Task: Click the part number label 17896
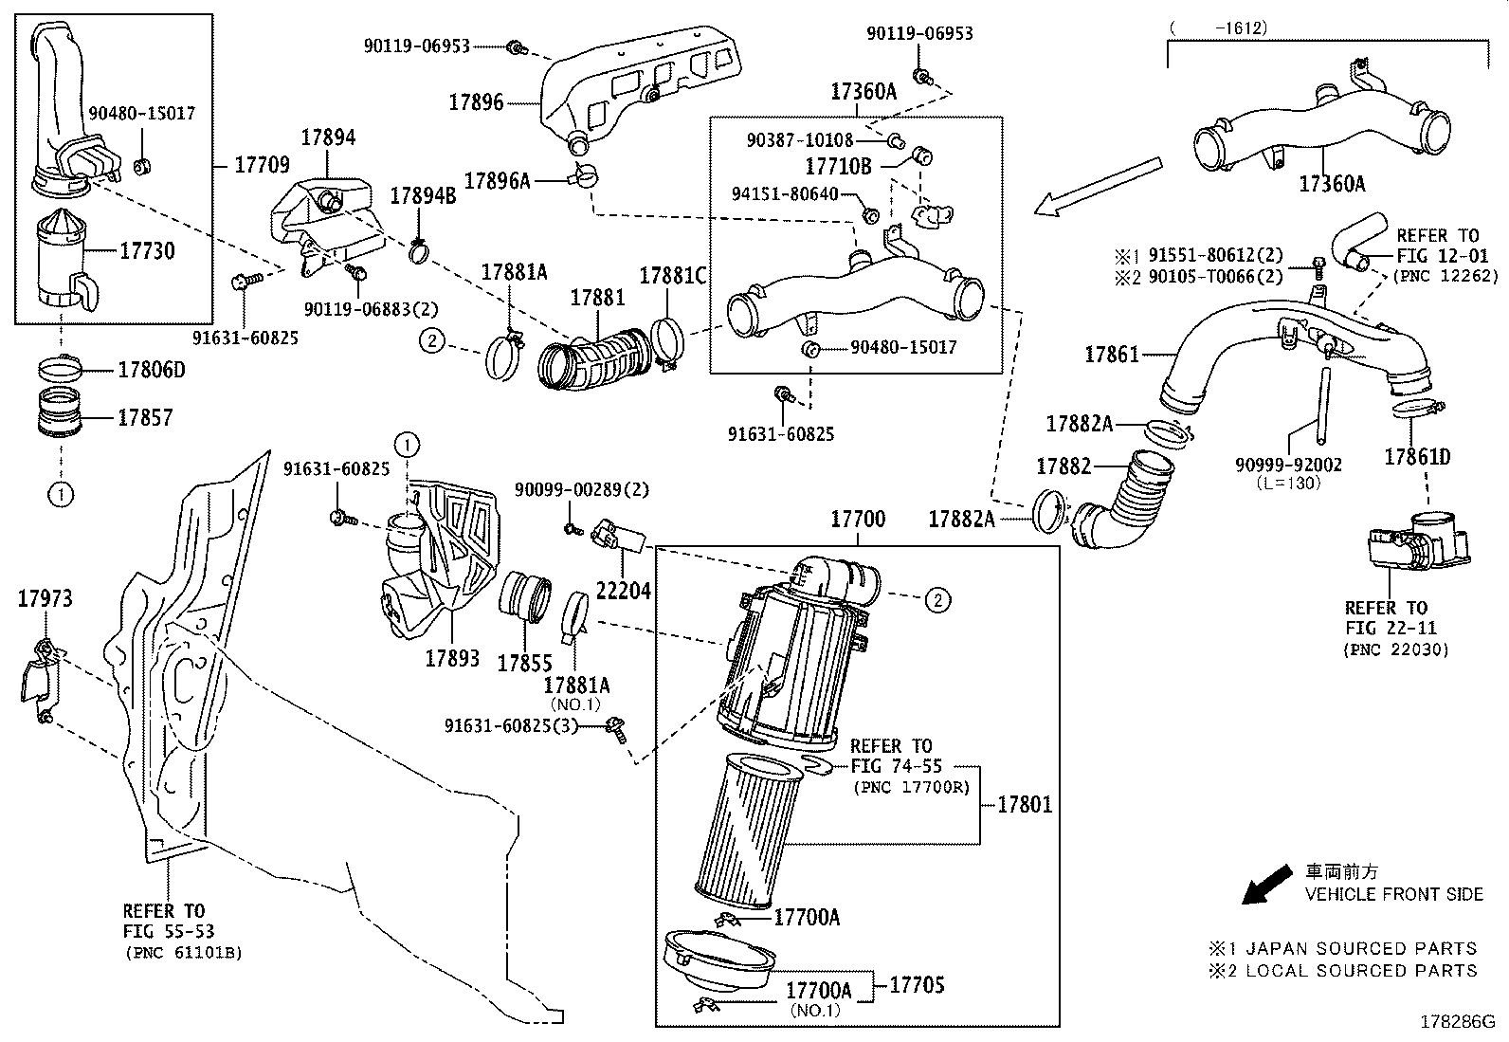coord(476,103)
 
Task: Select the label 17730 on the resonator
coord(147,252)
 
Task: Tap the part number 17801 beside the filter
coord(1025,805)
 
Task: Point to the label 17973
coord(45,598)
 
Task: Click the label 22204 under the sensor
coord(623,591)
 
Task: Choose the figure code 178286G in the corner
coord(1456,1022)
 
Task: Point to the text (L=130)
coord(1288,484)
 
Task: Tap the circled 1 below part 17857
coord(60,493)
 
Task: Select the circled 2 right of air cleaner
coord(936,599)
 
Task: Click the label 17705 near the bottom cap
coord(917,985)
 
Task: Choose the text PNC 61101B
coord(182,952)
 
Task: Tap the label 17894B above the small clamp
coord(423,196)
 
